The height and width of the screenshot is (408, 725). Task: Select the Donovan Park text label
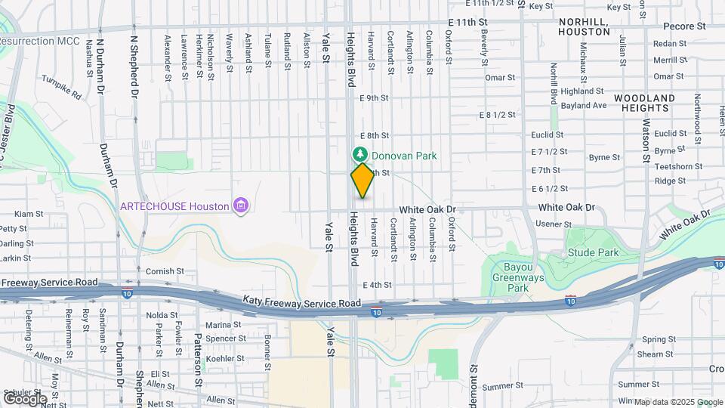(404, 156)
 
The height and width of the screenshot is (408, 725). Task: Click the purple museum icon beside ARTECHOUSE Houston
(241, 206)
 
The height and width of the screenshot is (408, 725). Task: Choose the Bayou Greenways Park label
(517, 277)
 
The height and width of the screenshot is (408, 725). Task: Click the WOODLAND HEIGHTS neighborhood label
(644, 104)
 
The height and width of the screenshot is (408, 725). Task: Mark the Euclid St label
(548, 134)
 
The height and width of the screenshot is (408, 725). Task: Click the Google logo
(25, 398)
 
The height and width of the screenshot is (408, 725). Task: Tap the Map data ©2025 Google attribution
(677, 402)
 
